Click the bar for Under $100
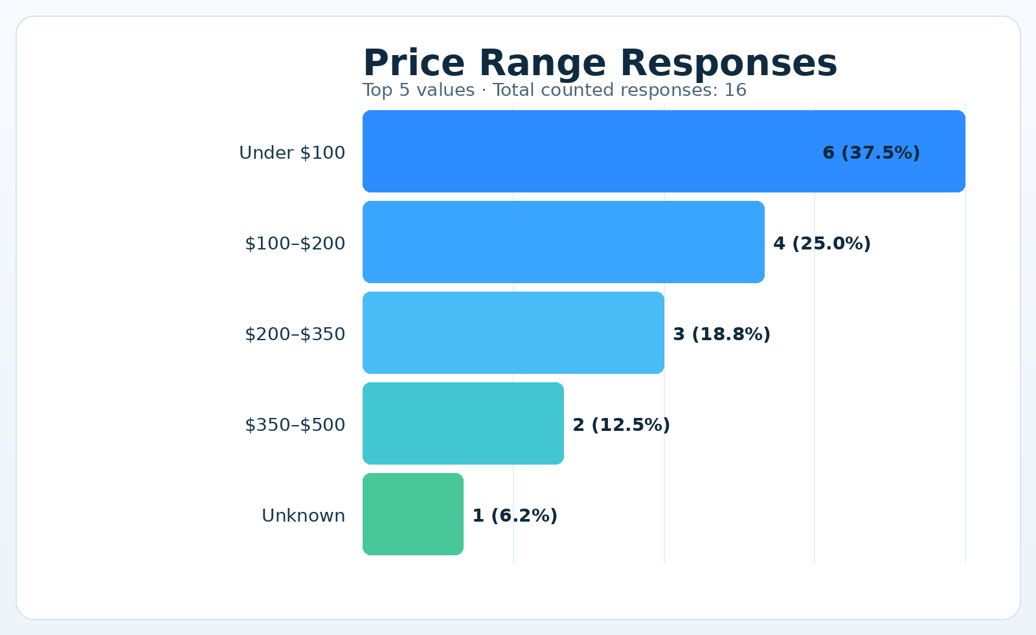coord(583,152)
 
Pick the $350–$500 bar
coord(463,424)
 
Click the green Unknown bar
coord(412,514)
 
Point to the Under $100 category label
coord(292,153)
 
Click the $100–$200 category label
coord(295,244)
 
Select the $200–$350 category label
coord(295,334)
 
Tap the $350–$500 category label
coord(295,425)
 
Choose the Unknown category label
coord(303,516)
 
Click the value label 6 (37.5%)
coord(871,153)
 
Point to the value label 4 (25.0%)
coord(822,244)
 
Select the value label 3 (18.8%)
coord(721,334)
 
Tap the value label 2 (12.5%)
coord(621,425)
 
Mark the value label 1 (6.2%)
coord(515,516)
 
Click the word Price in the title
coord(414,63)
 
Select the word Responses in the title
coord(728,63)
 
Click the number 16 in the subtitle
coord(735,90)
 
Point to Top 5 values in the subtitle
coord(418,90)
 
